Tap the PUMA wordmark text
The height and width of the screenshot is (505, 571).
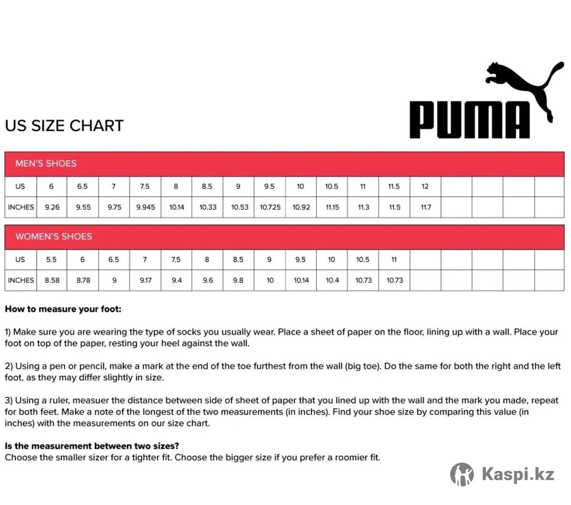(469, 120)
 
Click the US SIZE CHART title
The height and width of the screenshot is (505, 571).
(64, 126)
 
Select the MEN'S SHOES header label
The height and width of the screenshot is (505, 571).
(46, 164)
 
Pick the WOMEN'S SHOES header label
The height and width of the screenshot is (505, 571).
(53, 237)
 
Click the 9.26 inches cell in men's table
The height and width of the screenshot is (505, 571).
(52, 208)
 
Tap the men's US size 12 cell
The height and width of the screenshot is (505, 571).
(425, 187)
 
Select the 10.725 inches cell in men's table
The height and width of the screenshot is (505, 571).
(270, 208)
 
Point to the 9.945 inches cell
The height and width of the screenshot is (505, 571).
(145, 208)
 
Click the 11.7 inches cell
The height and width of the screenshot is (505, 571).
(425, 208)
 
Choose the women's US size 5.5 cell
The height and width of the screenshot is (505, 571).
(51, 260)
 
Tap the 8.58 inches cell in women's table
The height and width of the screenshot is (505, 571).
(52, 280)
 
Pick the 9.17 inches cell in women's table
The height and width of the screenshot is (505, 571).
(145, 280)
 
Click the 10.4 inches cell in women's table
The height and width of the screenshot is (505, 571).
(332, 280)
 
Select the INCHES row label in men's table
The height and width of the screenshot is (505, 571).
(21, 208)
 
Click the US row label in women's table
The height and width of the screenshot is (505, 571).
(20, 260)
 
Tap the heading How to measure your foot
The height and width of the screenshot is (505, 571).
(63, 309)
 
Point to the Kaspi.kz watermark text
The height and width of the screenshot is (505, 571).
(518, 475)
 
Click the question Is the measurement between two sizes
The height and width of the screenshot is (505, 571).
(92, 446)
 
